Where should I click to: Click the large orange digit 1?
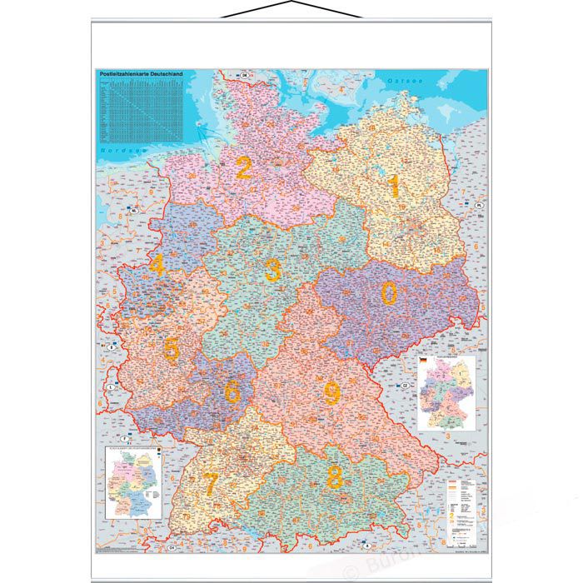point(392,185)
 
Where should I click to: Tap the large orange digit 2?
point(243,167)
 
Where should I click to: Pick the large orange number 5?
point(171,350)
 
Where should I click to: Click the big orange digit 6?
point(232,388)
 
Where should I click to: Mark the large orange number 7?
point(212,482)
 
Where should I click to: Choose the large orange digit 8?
point(335,477)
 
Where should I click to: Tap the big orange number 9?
point(331,392)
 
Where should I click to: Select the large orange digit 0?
point(389,292)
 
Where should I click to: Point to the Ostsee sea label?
point(402,81)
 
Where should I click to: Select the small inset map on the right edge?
point(446,392)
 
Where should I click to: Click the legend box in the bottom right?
point(465,509)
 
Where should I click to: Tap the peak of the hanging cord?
point(291,4)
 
